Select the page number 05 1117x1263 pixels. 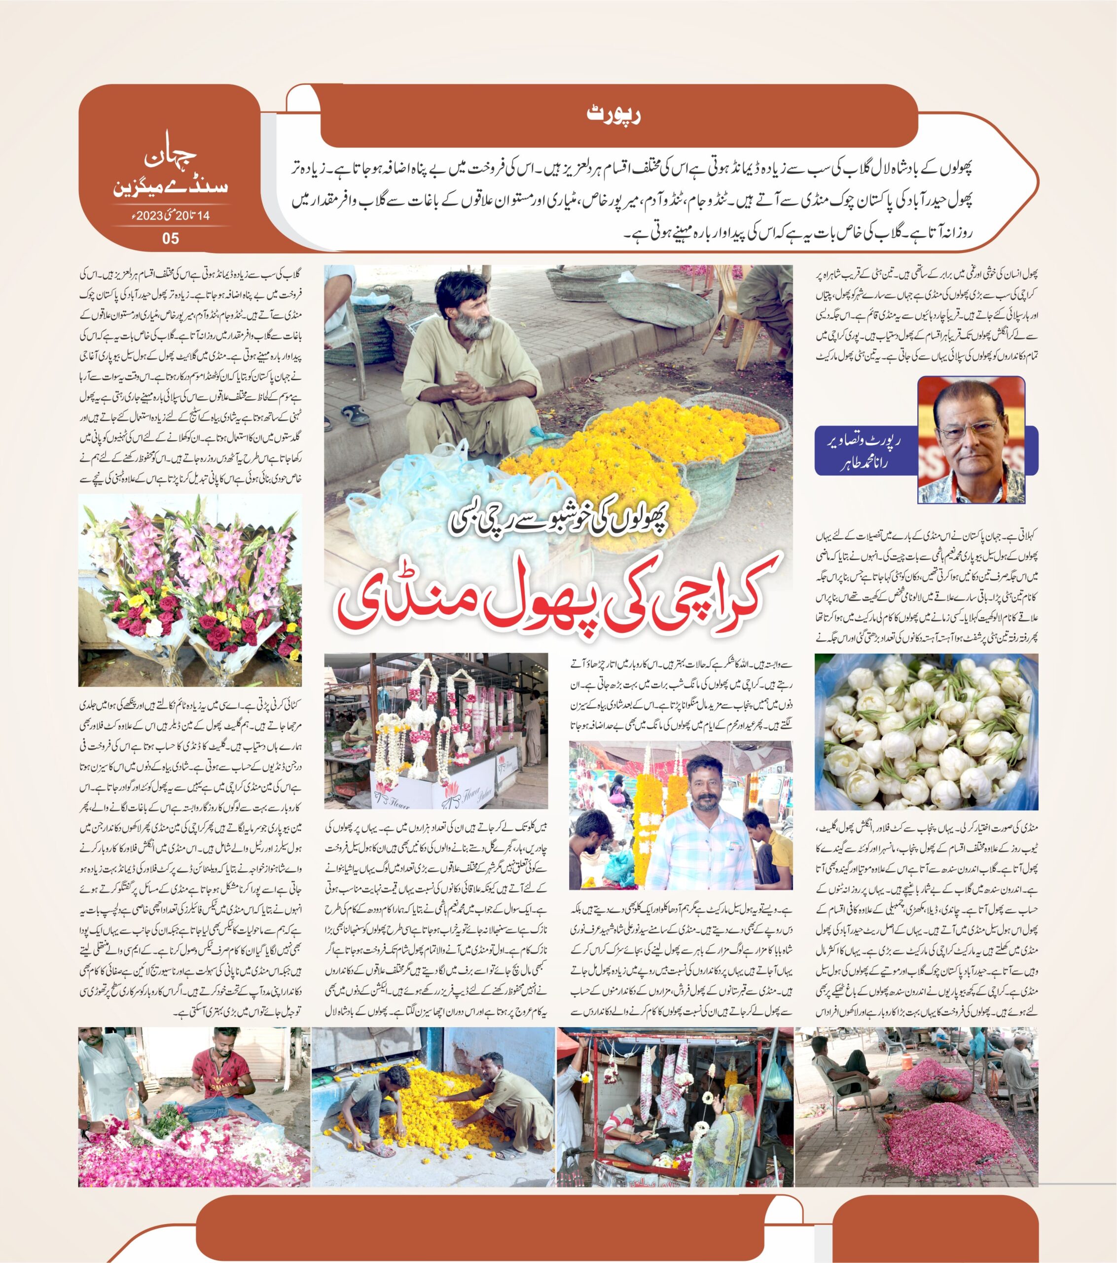pos(170,238)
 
